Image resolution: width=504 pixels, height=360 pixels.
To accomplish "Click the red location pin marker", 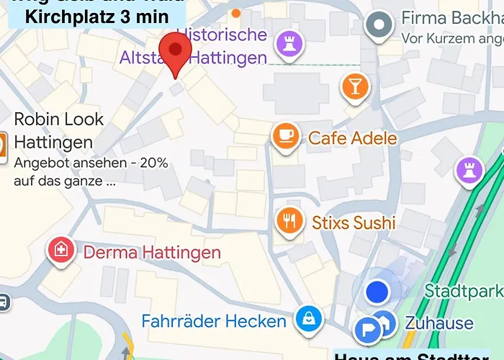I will (174, 50).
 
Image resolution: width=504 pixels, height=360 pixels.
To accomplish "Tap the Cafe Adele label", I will (353, 138).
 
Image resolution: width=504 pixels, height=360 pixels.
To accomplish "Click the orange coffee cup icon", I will (286, 135).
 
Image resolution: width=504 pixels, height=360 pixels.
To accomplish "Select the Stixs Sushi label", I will (354, 222).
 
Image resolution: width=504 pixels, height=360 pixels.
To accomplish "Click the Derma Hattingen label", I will (152, 253).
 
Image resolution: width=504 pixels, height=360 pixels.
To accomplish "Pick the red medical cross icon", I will (62, 251).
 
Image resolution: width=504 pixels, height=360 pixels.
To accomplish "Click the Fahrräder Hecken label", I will (214, 320).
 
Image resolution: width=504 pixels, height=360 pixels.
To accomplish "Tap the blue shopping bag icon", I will (310, 319).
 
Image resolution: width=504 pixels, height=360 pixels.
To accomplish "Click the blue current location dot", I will (377, 292).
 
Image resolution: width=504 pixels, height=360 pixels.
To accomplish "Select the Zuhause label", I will (439, 323).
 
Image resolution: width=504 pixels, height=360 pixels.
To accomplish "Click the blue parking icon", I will (368, 330).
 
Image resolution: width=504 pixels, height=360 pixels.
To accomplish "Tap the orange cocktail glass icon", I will (354, 86).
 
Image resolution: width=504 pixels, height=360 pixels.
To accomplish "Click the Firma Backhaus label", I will (452, 18).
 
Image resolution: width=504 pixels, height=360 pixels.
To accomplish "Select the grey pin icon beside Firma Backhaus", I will (377, 26).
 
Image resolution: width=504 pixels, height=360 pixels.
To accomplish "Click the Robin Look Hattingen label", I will (59, 130).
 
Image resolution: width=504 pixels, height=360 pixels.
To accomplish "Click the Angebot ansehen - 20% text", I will (91, 163).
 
